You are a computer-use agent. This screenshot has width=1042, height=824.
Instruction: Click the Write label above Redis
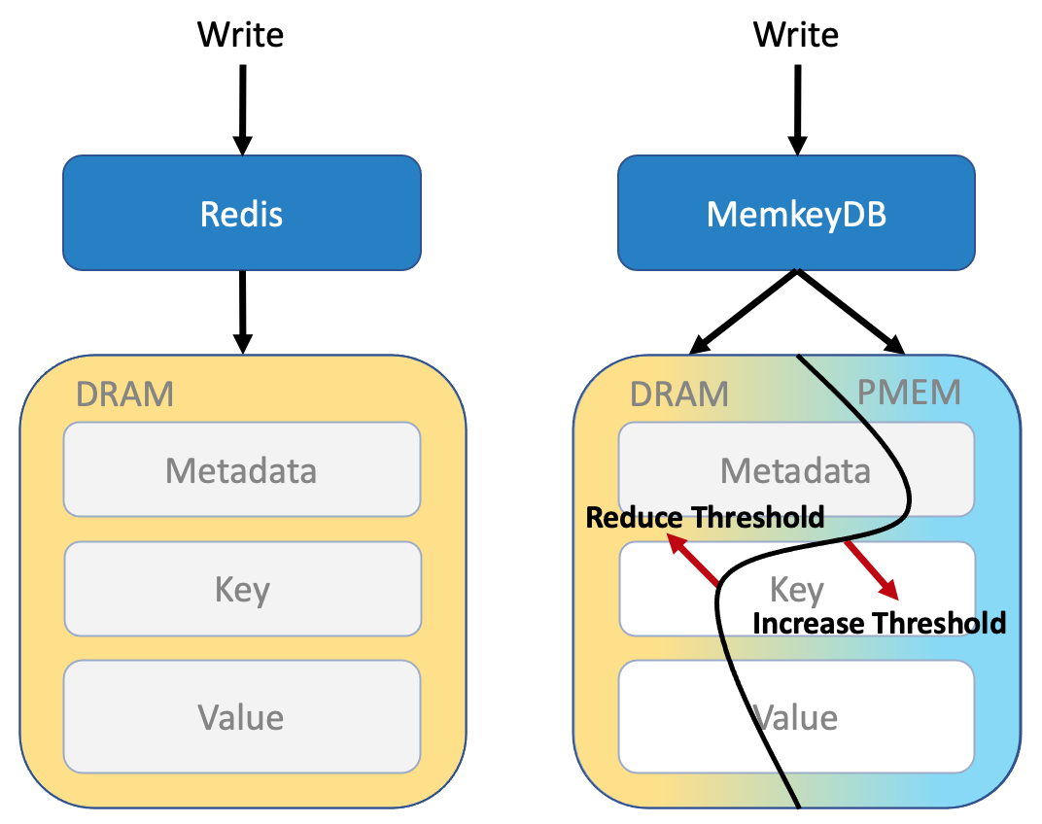tap(240, 35)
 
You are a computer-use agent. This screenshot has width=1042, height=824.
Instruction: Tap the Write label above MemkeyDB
tap(796, 35)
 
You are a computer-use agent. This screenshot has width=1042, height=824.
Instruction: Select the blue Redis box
tap(242, 213)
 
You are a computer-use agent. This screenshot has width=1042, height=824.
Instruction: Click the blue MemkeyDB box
tap(796, 213)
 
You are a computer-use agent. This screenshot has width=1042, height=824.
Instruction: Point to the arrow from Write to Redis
tap(243, 110)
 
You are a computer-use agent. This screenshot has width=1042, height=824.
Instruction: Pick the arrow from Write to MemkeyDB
tap(797, 110)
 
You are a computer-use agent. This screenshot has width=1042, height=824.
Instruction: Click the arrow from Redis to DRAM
tap(243, 312)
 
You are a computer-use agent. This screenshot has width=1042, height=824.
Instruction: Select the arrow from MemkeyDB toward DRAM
tap(743, 311)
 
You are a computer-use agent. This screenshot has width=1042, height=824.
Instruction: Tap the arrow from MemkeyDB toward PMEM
tap(851, 311)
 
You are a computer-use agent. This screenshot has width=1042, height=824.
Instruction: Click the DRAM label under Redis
tap(125, 395)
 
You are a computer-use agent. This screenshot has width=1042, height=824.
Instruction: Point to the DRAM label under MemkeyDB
tap(679, 395)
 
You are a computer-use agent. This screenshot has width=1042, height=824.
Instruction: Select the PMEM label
tap(909, 392)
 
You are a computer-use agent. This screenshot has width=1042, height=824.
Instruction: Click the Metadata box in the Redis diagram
tap(242, 469)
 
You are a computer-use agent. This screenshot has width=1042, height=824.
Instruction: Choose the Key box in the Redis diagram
tap(243, 589)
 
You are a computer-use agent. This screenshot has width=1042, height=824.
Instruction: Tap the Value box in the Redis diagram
tap(242, 716)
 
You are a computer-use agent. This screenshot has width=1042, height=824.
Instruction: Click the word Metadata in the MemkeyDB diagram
tap(795, 470)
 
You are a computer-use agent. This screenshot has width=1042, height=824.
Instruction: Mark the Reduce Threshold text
tap(705, 517)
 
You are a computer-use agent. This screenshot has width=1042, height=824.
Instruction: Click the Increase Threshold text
tap(879, 623)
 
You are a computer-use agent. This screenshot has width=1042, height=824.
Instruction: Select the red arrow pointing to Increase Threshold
tap(872, 570)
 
